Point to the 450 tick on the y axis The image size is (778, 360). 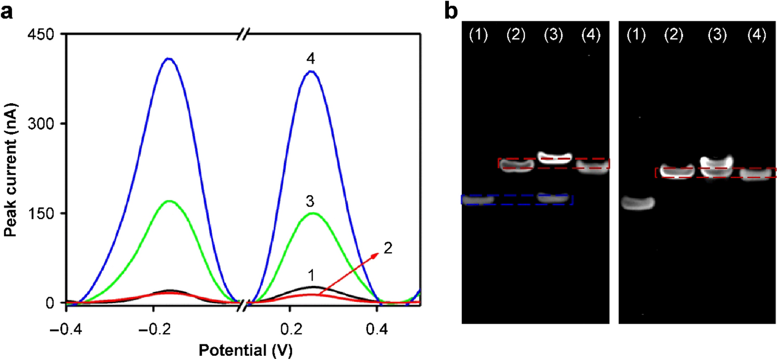[x=47, y=34]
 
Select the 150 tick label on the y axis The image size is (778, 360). [x=47, y=213]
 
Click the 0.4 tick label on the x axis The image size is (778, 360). [x=376, y=328]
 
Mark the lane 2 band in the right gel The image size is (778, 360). [x=677, y=171]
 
